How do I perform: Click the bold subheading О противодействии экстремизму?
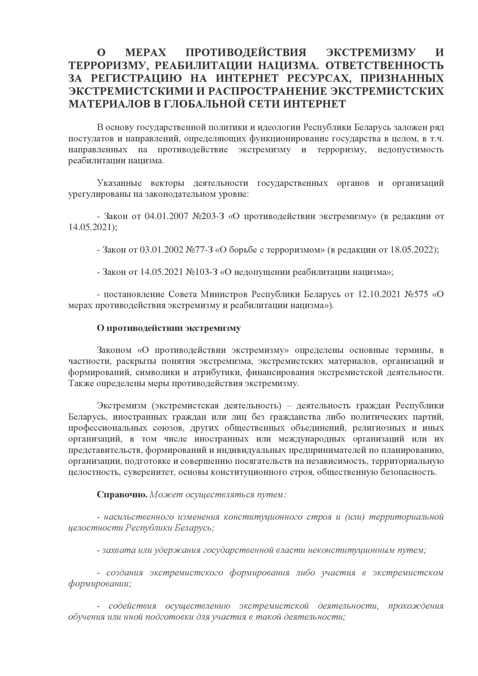pos(169,328)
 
